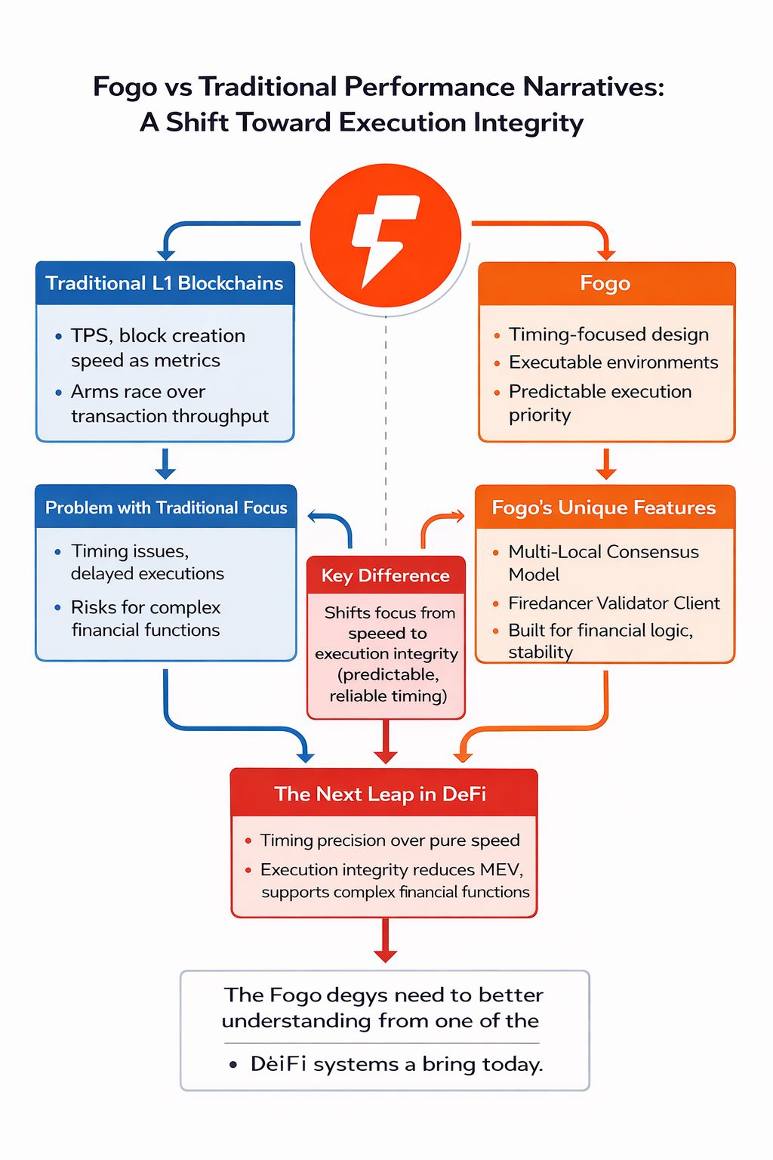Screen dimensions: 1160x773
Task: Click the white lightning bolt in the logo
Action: [384, 238]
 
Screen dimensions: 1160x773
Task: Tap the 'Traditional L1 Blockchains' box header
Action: [165, 283]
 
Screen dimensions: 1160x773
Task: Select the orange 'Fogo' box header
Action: [605, 283]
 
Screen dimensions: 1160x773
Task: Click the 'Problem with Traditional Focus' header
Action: [166, 507]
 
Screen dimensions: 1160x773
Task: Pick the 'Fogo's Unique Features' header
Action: [604, 507]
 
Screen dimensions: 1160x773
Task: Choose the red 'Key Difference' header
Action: [386, 575]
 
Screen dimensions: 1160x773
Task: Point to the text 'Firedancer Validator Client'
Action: [614, 603]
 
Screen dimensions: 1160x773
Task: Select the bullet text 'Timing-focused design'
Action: [608, 334]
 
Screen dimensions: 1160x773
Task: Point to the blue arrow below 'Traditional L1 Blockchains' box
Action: [165, 464]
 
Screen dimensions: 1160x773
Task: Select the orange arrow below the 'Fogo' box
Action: [605, 464]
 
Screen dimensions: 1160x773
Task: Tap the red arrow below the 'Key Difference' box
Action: [386, 742]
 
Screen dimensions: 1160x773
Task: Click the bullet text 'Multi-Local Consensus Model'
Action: [603, 563]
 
